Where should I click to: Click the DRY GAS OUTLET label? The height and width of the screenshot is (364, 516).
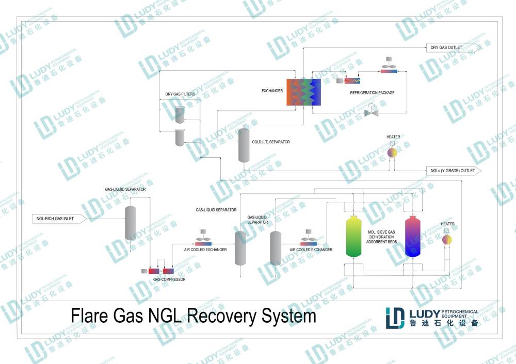446,47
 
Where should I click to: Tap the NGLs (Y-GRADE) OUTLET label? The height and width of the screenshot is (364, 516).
453,171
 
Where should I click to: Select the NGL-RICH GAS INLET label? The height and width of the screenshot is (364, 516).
55,219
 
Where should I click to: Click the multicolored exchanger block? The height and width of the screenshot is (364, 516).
303,92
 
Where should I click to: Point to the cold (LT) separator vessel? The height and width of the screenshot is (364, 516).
244,145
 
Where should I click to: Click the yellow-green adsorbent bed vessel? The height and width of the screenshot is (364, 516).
354,237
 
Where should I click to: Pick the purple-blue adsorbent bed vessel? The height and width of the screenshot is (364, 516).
413,237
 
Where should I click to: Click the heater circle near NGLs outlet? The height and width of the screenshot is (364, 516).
392,153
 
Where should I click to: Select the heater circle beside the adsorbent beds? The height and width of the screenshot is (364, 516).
446,240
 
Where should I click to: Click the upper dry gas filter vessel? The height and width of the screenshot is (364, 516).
180,115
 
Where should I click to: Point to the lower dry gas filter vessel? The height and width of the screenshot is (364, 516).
180,138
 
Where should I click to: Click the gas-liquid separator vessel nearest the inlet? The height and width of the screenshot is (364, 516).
131,223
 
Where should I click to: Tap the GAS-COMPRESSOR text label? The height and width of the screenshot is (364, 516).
169,279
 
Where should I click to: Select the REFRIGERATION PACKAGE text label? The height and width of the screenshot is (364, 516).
372,93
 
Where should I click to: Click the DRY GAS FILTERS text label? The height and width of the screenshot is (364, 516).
180,94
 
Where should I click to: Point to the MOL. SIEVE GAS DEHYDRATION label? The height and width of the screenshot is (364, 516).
381,235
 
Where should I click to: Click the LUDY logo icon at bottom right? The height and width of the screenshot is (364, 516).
395,318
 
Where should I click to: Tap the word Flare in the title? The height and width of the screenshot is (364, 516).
89,316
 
